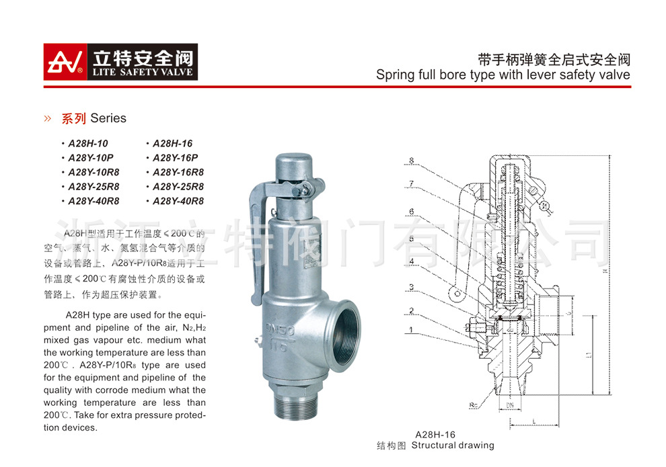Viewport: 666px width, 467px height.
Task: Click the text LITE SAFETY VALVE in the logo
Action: pos(141,72)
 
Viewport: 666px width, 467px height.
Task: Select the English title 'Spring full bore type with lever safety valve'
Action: pos(503,75)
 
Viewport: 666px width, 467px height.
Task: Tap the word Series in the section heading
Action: pos(108,118)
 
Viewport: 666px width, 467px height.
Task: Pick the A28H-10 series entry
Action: pos(87,143)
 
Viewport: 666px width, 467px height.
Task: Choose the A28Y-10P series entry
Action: pos(91,157)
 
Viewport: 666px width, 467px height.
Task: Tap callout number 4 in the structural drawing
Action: pos(411,261)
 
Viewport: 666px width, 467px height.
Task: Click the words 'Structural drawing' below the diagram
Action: pos(453,445)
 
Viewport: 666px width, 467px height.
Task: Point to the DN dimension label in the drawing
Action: pos(511,405)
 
